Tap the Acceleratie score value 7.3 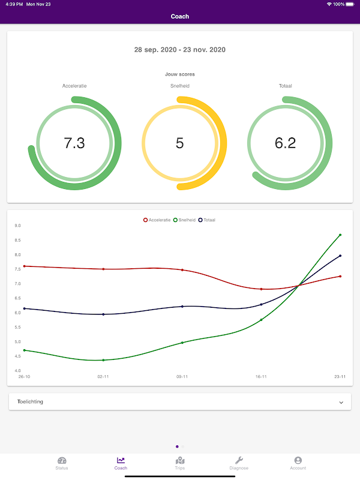click(x=74, y=143)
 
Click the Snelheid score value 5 click(x=180, y=143)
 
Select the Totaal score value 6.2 click(x=285, y=143)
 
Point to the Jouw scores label click(x=180, y=74)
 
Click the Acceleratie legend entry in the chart click(x=157, y=220)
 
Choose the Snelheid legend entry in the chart click(x=185, y=220)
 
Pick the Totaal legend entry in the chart click(x=207, y=220)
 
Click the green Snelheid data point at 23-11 click(x=340, y=235)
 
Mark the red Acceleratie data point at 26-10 click(x=24, y=266)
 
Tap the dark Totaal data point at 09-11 click(x=182, y=307)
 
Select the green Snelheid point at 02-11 click(x=104, y=360)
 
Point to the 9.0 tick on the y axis click(x=18, y=226)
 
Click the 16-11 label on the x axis click(x=261, y=377)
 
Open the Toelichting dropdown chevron click(x=341, y=402)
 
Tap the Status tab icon click(x=62, y=460)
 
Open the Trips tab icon click(x=180, y=460)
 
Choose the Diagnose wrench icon click(x=239, y=460)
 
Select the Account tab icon click(x=298, y=460)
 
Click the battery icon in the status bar click(x=350, y=4)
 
